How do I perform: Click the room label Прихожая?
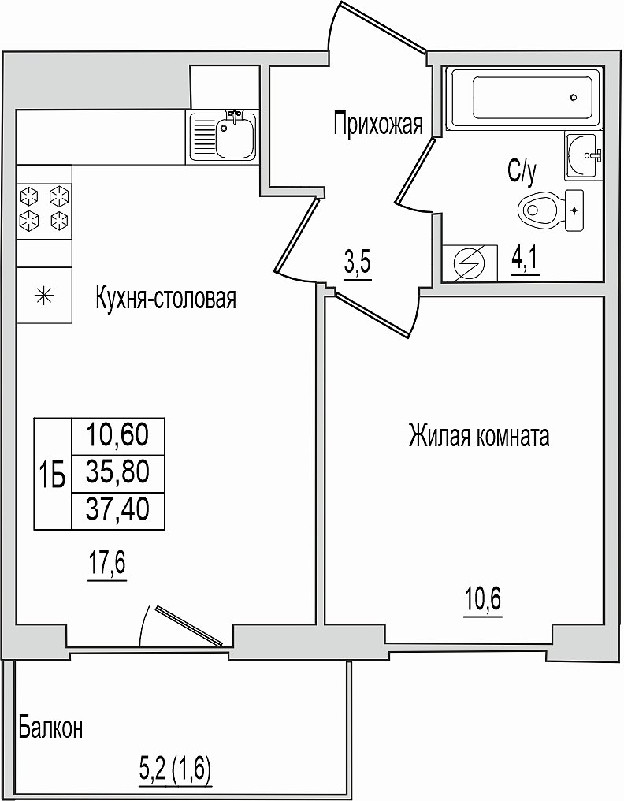point(378,124)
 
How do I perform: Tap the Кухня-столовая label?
point(166,299)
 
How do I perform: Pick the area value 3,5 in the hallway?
point(358,264)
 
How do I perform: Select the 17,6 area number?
point(106,564)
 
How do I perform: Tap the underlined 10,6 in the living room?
point(483,600)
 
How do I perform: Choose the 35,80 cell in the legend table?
point(118,472)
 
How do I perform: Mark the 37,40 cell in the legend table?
point(118,510)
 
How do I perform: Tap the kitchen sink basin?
point(235,137)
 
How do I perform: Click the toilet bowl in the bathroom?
point(537,210)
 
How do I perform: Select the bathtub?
point(525,98)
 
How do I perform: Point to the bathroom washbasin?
point(584,155)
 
